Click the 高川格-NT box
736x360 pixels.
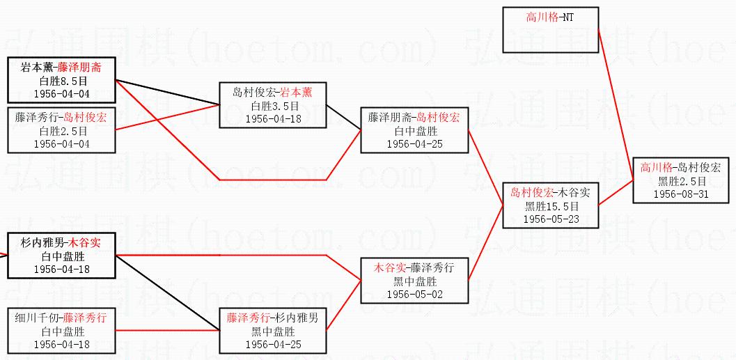pyautogui.click(x=550, y=17)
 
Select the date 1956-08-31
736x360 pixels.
pyautogui.click(x=681, y=194)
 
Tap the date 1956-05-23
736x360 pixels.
pyautogui.click(x=551, y=219)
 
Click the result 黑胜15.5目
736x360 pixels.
pyautogui.click(x=551, y=206)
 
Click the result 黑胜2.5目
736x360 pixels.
pyautogui.click(x=681, y=181)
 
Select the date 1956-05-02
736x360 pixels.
pyautogui.click(x=414, y=295)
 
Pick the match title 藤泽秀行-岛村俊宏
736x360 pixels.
pyautogui.click(x=61, y=117)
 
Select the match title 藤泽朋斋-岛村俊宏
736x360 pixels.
pyautogui.click(x=414, y=117)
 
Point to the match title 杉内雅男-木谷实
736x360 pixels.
pyautogui.click(x=61, y=242)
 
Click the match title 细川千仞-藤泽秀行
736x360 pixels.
pyautogui.click(x=61, y=318)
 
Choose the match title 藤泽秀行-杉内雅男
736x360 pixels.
pyautogui.click(x=272, y=318)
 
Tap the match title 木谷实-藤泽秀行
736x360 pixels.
pyautogui.click(x=414, y=267)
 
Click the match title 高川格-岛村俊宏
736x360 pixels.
pyautogui.click(x=681, y=167)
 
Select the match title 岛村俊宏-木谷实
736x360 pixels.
pyautogui.click(x=551, y=192)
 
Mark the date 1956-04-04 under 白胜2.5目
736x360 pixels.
pyautogui.click(x=61, y=144)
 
